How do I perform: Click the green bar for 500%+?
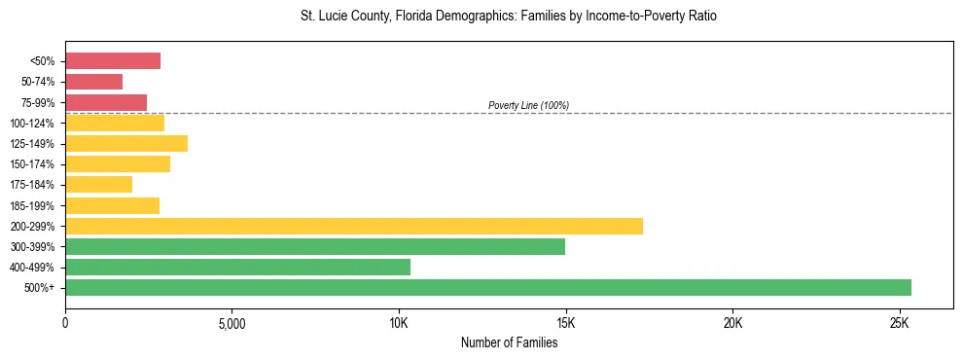pyautogui.click(x=488, y=287)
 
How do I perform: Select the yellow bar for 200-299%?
pyautogui.click(x=354, y=226)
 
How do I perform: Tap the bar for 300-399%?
pyautogui.click(x=315, y=246)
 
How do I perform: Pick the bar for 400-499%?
pyautogui.click(x=237, y=267)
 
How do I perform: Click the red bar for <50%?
pyautogui.click(x=113, y=61)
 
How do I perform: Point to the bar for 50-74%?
pyautogui.click(x=93, y=82)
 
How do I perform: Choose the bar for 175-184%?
pyautogui.click(x=98, y=185)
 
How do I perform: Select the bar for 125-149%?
pyautogui.click(x=126, y=144)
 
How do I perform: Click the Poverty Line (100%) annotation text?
pyautogui.click(x=528, y=105)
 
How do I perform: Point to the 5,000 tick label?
pyautogui.click(x=232, y=322)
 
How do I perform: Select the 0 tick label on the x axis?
pyautogui.click(x=65, y=322)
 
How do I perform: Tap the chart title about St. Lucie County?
pyautogui.click(x=509, y=18)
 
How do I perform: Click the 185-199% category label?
pyautogui.click(x=34, y=206)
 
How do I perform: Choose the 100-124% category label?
pyautogui.click(x=34, y=124)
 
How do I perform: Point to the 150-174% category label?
pyautogui.click(x=34, y=164)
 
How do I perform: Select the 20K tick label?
pyautogui.click(x=732, y=322)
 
